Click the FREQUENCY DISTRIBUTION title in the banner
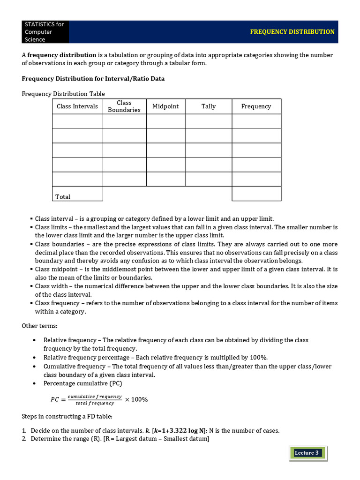coord(292,32)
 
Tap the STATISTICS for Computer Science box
coord(45,32)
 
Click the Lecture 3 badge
coord(307,453)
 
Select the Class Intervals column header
coord(77,106)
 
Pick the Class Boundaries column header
coord(124,106)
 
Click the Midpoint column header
coord(165,106)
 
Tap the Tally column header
coord(209,106)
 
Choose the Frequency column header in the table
coord(256,106)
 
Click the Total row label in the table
coord(63,197)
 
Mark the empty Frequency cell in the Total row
coord(256,194)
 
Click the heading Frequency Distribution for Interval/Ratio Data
coord(93,79)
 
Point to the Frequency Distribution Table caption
coord(63,94)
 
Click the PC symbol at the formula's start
coord(55,400)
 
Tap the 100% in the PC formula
coord(139,400)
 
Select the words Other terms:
coord(39,326)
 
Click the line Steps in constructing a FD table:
coord(67,416)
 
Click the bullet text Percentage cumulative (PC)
coord(82,383)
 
